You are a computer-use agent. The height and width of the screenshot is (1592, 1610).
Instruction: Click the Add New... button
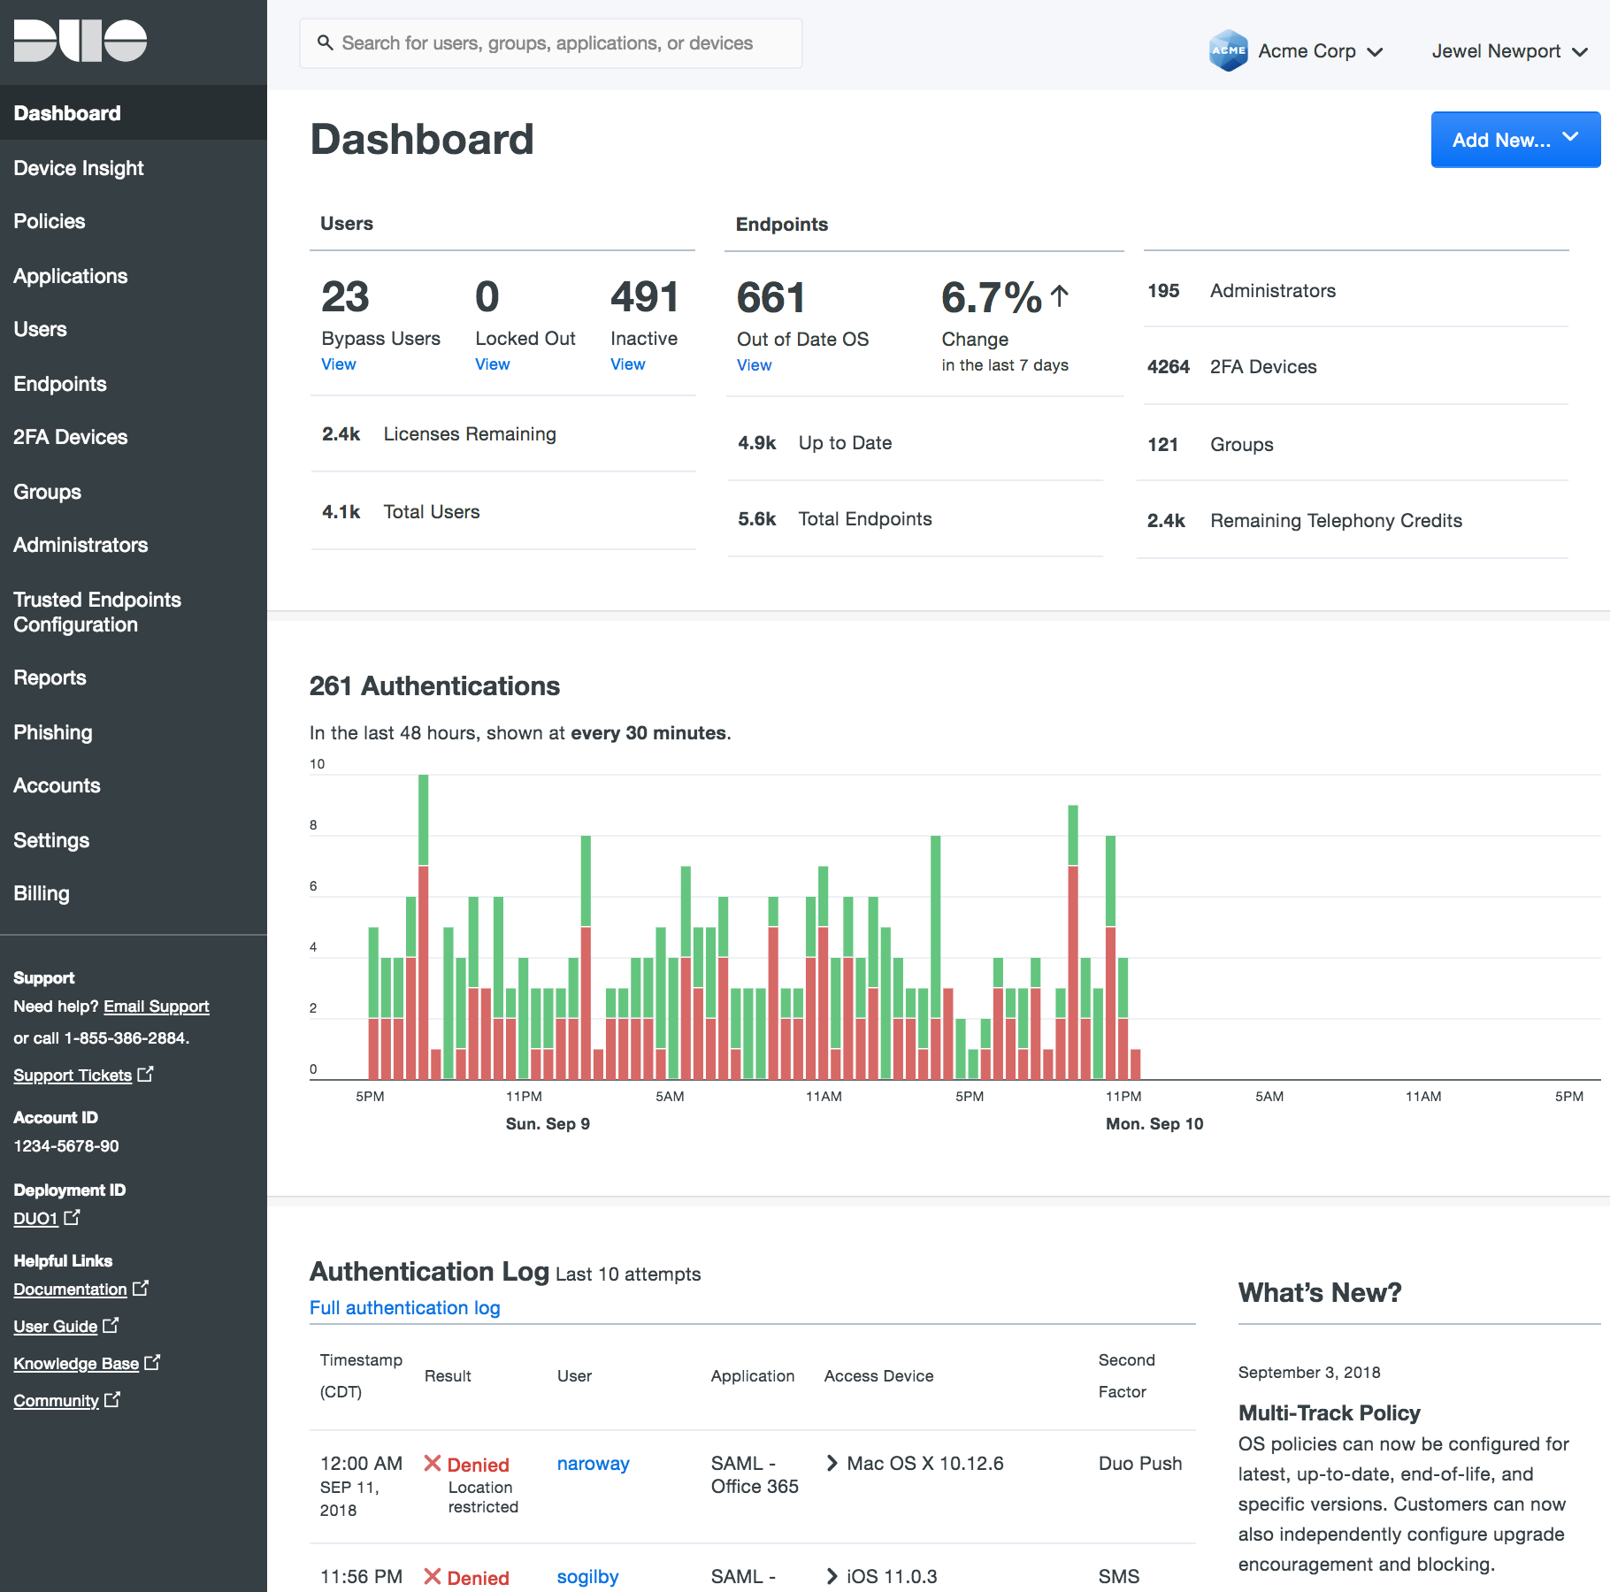[x=1514, y=140]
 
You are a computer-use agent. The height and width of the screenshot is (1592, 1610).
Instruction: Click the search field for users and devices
[x=550, y=43]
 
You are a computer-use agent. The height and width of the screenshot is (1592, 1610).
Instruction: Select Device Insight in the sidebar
[x=79, y=168]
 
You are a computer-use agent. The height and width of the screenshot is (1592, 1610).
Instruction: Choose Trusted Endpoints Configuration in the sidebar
[x=97, y=612]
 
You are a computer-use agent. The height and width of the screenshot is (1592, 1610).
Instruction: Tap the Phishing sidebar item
[x=53, y=732]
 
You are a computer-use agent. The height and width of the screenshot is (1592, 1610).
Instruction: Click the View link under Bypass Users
[x=338, y=364]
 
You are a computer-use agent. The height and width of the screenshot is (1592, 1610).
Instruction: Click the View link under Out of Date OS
[x=754, y=365]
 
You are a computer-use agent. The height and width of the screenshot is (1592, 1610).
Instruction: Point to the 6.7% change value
[x=992, y=297]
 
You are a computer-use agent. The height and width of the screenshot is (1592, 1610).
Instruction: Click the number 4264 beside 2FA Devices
[x=1168, y=367]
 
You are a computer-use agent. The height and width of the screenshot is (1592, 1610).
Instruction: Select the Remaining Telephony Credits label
[x=1336, y=521]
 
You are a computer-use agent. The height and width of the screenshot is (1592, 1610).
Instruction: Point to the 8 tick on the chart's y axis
[x=313, y=825]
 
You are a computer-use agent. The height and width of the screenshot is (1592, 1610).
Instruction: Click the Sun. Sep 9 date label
[x=548, y=1124]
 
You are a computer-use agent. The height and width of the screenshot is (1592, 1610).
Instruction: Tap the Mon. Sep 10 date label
[x=1154, y=1124]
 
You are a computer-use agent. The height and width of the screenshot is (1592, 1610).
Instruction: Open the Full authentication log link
[x=404, y=1308]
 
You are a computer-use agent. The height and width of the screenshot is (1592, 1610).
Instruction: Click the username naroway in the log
[x=593, y=1464]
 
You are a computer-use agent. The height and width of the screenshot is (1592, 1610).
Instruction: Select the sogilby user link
[x=587, y=1577]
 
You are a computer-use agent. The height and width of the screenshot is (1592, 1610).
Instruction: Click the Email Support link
[x=156, y=1006]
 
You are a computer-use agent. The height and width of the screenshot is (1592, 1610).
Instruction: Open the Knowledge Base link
[x=76, y=1364]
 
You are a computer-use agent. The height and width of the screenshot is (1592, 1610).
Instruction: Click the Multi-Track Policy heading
[x=1329, y=1413]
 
